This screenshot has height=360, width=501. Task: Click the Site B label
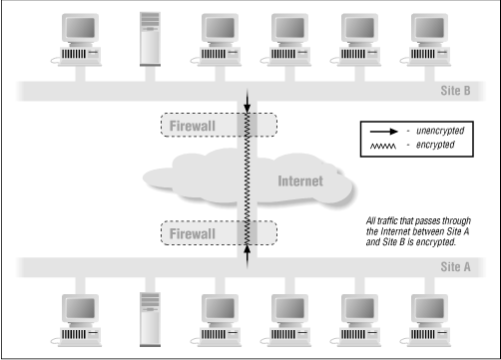(x=467, y=92)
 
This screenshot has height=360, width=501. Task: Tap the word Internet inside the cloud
(x=298, y=180)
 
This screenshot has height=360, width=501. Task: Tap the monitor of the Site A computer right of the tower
(x=222, y=305)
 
